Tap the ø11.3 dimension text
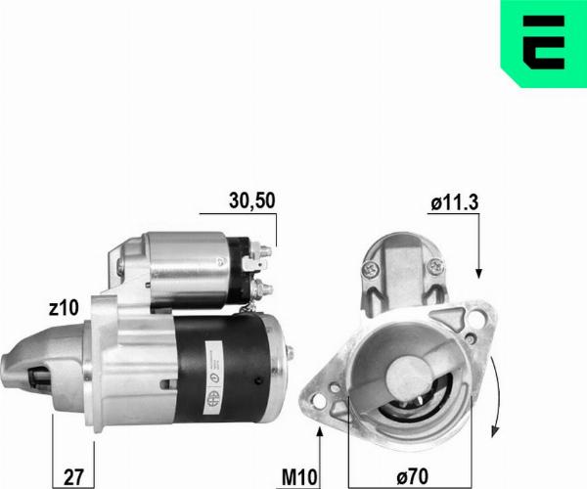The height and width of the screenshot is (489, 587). tap(453, 203)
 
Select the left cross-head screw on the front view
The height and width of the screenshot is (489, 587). tap(371, 267)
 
